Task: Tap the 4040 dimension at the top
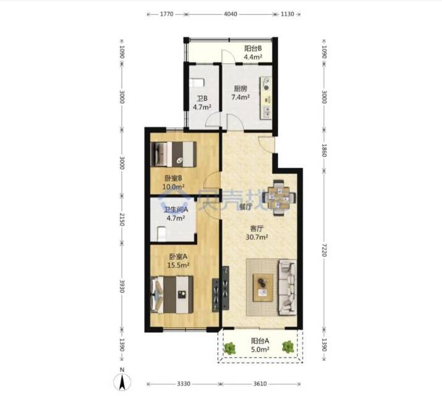(x=231, y=14)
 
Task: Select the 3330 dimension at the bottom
(x=184, y=384)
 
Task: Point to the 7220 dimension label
(x=324, y=250)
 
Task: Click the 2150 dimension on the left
(x=122, y=220)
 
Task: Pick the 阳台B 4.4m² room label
(x=253, y=53)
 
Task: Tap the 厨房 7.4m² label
(x=240, y=93)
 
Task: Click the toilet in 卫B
(x=197, y=83)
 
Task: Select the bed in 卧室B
(x=174, y=154)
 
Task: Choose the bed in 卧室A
(x=172, y=295)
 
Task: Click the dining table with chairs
(x=279, y=197)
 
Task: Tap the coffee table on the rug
(x=263, y=288)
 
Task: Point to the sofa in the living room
(x=287, y=288)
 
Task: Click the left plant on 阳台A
(x=230, y=348)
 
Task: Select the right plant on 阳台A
(x=288, y=347)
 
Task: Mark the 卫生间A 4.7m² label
(x=176, y=214)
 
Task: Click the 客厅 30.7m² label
(x=257, y=233)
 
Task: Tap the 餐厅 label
(x=245, y=207)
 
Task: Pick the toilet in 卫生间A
(x=161, y=234)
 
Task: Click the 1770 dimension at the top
(x=166, y=14)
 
